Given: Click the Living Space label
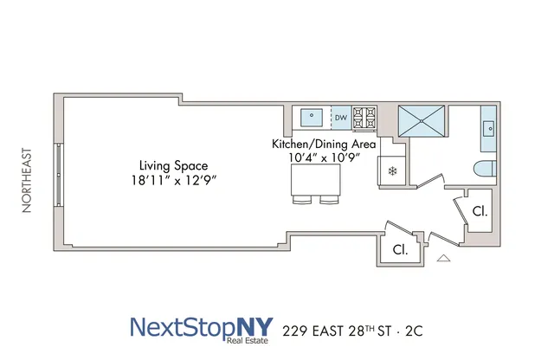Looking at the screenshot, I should [x=174, y=164].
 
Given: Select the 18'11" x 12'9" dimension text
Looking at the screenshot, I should [x=174, y=181].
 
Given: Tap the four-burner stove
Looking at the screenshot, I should [x=366, y=116].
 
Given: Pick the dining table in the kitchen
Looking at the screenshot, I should [x=316, y=179].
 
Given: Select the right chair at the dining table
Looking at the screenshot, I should [x=329, y=200].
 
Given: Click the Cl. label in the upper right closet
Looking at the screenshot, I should [x=480, y=209].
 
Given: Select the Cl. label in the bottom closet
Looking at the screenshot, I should [x=400, y=249].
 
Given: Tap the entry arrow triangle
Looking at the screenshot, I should [x=444, y=258].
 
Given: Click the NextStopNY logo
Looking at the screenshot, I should [x=203, y=328].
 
